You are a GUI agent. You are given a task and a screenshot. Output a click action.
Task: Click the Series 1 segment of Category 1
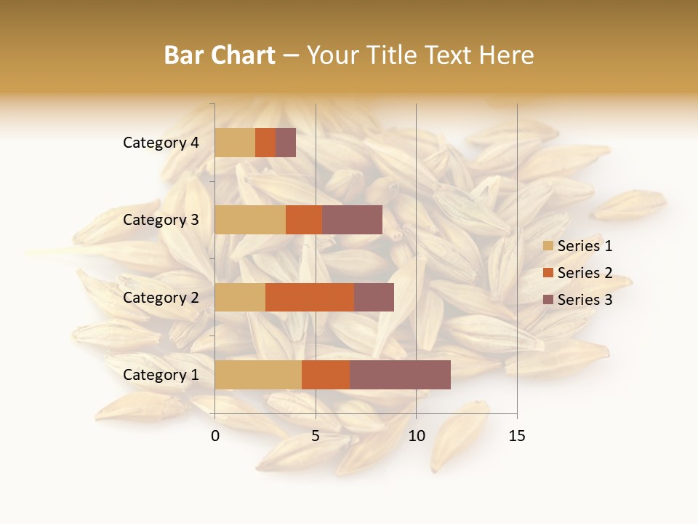point(258,375)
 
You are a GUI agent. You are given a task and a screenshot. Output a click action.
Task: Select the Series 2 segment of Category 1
point(326,375)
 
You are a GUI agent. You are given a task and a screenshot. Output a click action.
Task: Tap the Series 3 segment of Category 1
point(400,375)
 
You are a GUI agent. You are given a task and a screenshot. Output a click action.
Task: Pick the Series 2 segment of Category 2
point(310,298)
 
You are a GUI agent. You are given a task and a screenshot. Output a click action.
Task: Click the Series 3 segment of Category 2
point(374,298)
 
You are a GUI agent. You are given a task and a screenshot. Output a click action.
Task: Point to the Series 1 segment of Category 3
point(250,220)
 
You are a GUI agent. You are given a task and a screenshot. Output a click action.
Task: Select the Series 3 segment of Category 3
point(352,220)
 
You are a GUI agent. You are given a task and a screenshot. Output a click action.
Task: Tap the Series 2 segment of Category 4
point(265,143)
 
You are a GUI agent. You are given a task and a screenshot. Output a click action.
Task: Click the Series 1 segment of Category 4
point(235,143)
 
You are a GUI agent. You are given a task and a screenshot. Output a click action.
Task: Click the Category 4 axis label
point(161,143)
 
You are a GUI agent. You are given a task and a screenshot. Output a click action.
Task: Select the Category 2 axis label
point(161,298)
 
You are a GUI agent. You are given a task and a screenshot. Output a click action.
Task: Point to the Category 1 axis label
point(161,375)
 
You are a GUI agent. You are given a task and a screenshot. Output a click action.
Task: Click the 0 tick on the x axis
point(215,436)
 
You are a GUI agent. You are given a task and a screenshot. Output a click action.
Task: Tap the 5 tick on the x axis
point(316,436)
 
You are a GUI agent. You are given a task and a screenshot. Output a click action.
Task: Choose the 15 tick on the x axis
point(516,436)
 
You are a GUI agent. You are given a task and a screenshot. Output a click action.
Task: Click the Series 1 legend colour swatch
point(548,246)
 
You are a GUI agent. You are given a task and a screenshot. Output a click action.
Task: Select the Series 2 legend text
point(585,273)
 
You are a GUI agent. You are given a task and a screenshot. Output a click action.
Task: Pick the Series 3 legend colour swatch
point(548,300)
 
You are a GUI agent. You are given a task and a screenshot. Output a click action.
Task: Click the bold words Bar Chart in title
point(220,55)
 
